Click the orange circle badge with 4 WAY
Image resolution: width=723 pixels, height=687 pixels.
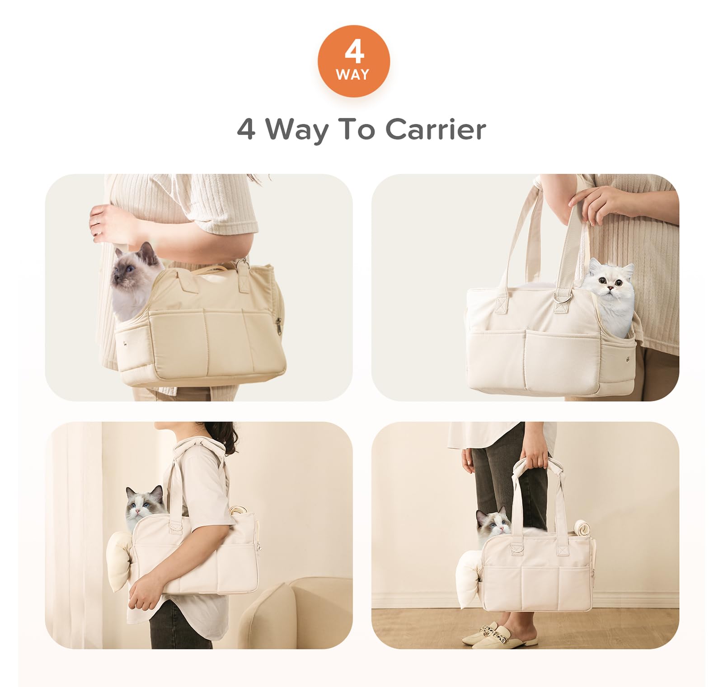[353, 61]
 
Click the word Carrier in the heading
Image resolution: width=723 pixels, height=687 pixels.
[436, 130]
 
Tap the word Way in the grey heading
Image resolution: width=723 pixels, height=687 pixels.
[296, 131]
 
